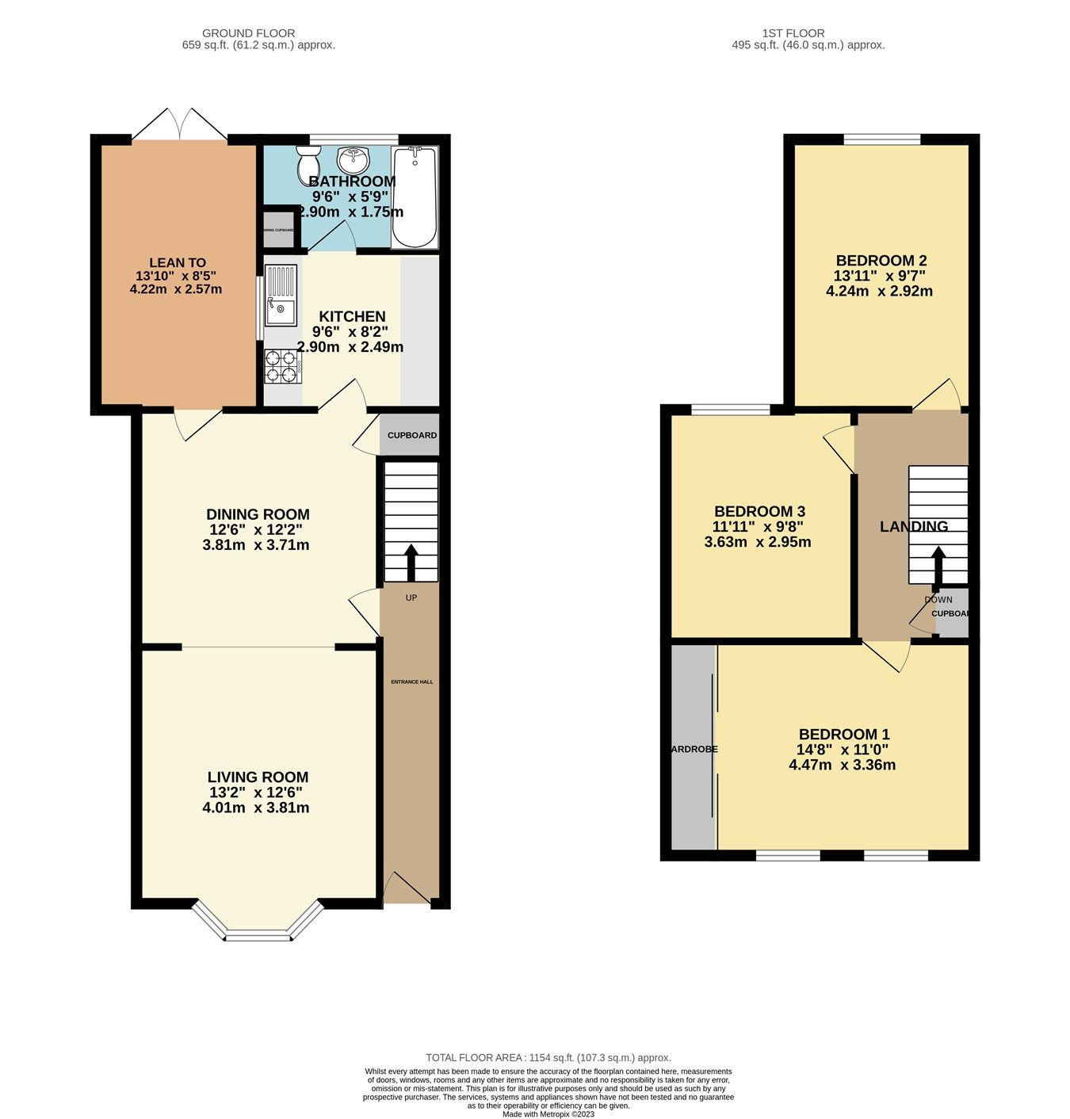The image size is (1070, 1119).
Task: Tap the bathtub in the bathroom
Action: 415,197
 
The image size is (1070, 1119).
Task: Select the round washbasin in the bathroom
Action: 353,160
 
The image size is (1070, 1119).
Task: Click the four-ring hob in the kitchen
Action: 282,367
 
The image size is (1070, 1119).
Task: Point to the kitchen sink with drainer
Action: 281,296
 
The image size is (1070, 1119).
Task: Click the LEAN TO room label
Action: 178,262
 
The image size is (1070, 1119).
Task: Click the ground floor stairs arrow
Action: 411,562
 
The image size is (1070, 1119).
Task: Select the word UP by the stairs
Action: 411,598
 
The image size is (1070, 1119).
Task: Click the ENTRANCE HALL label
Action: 412,682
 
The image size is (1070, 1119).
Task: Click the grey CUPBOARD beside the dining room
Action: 410,435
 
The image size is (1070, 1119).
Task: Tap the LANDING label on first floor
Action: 913,526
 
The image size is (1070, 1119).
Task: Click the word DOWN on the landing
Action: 938,599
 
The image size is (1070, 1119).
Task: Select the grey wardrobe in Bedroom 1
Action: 693,748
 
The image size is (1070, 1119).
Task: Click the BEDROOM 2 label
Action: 881,261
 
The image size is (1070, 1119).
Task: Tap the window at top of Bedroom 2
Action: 881,140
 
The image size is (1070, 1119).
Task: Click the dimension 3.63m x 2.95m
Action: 757,542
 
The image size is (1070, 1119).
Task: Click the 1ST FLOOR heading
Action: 793,33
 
